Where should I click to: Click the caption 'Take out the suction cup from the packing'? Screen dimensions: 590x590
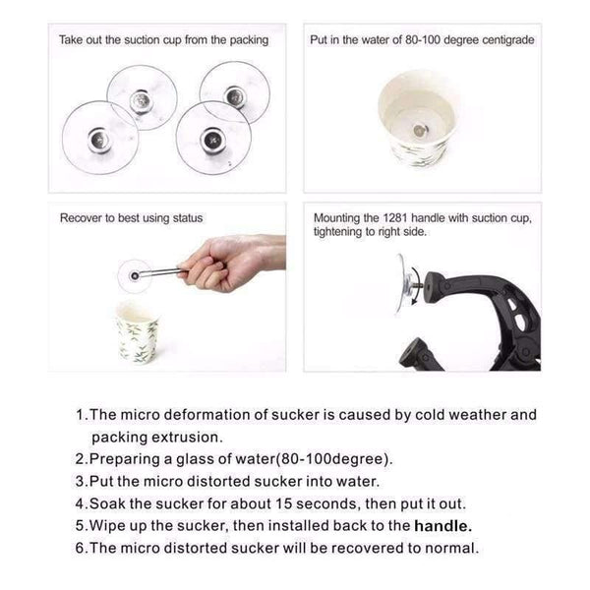[163, 41]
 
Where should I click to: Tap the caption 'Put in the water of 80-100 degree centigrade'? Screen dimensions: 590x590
[424, 41]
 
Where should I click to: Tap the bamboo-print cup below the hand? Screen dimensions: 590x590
[137, 331]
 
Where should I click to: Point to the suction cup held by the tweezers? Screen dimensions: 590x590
[135, 275]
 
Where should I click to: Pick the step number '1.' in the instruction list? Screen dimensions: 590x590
[82, 415]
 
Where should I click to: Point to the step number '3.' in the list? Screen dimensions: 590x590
[82, 481]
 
